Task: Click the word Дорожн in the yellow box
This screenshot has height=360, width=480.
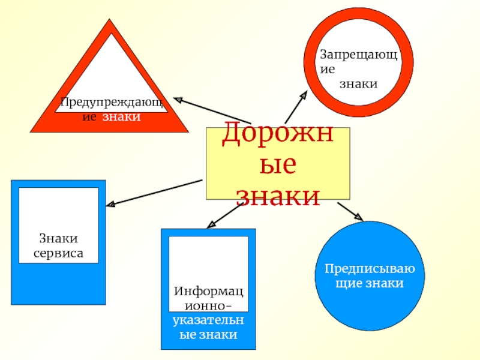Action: point(278,135)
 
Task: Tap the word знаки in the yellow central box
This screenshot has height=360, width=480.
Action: point(278,194)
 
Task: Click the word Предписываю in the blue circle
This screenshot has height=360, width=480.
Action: point(370,269)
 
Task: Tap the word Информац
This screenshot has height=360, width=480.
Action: point(209,292)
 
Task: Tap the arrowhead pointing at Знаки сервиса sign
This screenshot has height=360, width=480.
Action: point(110,205)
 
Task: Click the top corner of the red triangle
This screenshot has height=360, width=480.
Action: point(109,22)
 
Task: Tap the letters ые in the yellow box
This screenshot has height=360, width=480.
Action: point(278,165)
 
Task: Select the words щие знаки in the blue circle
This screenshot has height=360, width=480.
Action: point(370,283)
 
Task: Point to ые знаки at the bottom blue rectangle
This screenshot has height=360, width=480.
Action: point(209,335)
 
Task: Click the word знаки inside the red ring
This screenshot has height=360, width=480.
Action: point(358,84)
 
